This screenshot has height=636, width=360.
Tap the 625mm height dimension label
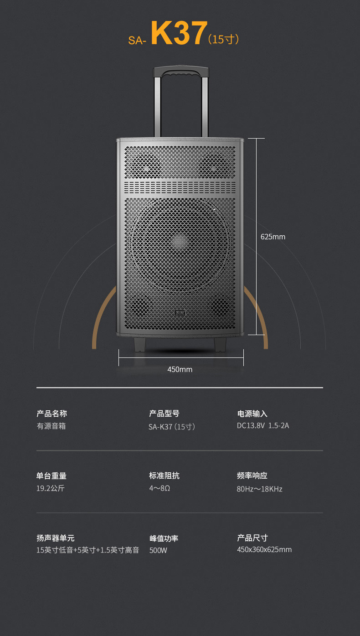tap(273, 237)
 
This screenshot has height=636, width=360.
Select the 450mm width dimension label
tap(180, 369)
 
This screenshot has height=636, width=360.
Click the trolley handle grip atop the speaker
tap(181, 72)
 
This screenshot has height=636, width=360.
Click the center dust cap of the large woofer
tap(180, 241)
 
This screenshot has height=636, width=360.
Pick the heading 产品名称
tap(51, 414)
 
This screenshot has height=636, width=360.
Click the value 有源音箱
tap(51, 426)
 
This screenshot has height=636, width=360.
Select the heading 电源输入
tap(252, 414)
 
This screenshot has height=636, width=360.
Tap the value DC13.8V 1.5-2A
tap(262, 426)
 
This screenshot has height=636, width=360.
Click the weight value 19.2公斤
tap(50, 488)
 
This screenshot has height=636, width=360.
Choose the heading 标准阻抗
tap(164, 476)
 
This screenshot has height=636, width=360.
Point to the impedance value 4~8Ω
tap(159, 488)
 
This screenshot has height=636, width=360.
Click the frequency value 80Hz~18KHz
tap(259, 489)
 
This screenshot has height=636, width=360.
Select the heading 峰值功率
tap(164, 538)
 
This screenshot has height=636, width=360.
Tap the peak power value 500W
tap(158, 550)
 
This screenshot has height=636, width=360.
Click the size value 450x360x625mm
tap(264, 550)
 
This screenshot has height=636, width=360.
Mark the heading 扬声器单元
tap(55, 538)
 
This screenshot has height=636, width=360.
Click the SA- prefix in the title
tap(137, 40)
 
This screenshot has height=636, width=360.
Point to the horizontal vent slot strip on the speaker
tap(180, 187)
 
